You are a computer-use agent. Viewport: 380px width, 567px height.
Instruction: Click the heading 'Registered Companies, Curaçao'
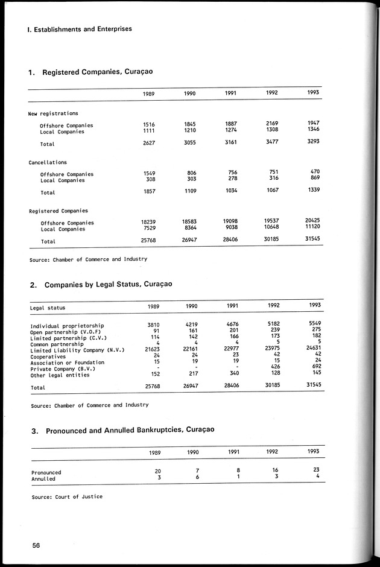click(97, 72)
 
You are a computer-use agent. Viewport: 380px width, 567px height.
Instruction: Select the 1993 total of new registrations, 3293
click(312, 141)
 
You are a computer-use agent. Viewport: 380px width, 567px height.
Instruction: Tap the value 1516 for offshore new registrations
click(149, 125)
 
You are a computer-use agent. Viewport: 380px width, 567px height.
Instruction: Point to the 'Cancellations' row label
click(48, 163)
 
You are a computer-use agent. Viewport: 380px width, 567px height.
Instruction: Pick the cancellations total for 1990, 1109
click(190, 190)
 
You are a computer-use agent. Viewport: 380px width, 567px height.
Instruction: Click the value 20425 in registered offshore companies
click(312, 220)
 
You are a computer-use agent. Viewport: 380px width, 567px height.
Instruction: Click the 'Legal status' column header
click(48, 308)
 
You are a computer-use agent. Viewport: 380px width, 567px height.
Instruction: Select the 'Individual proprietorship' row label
click(67, 326)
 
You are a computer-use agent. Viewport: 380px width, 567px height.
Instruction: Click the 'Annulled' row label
click(43, 479)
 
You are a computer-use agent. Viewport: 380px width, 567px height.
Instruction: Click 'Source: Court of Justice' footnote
click(66, 497)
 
